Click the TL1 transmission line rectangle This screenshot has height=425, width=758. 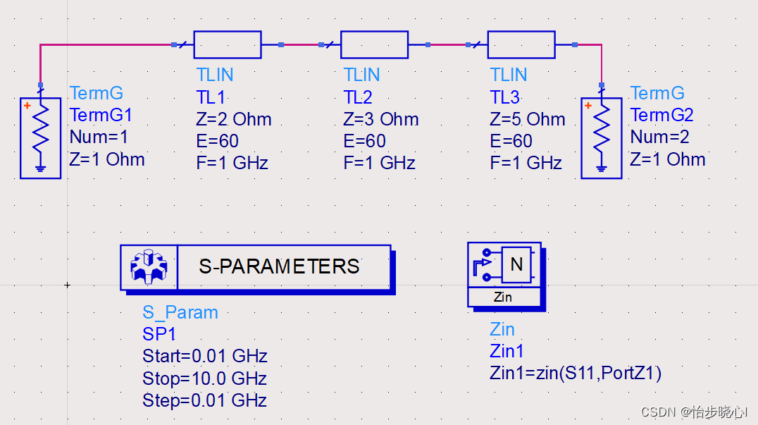point(227,44)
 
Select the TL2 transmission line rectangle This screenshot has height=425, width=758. point(374,44)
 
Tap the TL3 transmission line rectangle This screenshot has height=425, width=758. point(521,44)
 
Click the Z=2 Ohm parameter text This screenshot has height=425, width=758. point(233,119)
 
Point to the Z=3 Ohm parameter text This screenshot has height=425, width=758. point(380,119)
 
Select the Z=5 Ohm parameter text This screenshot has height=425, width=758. point(527,119)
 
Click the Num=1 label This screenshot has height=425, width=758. point(99,137)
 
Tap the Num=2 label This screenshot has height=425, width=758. point(660,137)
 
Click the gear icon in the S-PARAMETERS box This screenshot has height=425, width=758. point(149,267)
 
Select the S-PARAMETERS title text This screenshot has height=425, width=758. point(279,266)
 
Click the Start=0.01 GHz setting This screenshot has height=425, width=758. point(204,356)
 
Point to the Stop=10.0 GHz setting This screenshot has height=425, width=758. point(204,378)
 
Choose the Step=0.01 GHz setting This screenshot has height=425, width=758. point(204,401)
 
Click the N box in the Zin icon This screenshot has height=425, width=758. point(516,264)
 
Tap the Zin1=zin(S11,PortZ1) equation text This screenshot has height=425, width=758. point(575,374)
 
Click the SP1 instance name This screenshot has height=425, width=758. point(159,334)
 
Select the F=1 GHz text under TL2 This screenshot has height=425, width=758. point(379,164)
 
